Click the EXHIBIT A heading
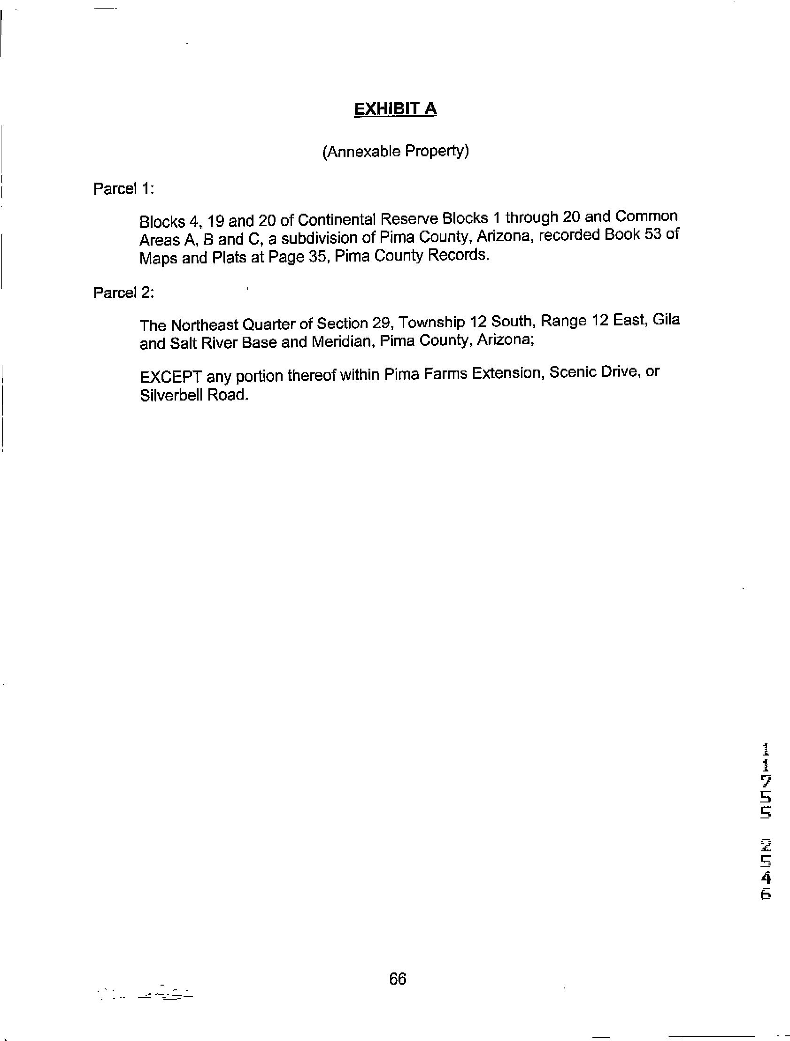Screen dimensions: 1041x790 point(395,109)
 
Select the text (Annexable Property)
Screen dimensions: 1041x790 point(395,152)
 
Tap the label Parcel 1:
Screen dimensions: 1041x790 point(124,189)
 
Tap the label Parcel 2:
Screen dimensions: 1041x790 point(124,293)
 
